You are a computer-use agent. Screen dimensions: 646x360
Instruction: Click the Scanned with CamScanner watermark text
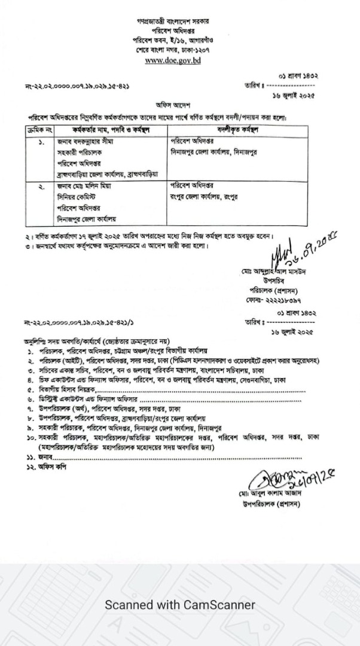pyautogui.click(x=180, y=605)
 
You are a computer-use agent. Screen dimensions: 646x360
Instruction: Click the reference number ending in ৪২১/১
pyautogui.click(x=72, y=322)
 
